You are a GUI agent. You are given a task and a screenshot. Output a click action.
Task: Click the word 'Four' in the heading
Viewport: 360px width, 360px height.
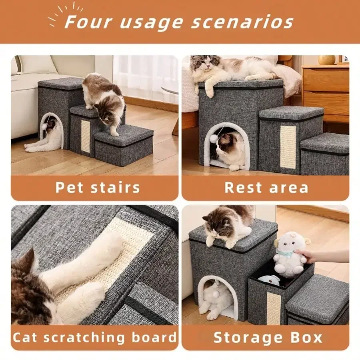(x=88, y=22)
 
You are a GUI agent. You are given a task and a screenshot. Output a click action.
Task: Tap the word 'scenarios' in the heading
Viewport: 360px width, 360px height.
(x=242, y=22)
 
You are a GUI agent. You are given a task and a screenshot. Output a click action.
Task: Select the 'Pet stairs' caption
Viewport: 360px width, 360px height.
(x=98, y=188)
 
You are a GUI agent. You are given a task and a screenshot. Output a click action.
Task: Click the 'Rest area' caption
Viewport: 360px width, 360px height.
(x=266, y=188)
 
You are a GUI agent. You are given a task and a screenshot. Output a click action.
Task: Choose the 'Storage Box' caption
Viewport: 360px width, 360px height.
(x=268, y=338)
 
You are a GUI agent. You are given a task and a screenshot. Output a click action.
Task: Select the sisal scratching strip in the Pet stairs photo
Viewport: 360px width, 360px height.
(x=86, y=136)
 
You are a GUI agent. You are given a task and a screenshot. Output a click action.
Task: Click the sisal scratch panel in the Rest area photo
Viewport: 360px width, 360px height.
(x=288, y=147)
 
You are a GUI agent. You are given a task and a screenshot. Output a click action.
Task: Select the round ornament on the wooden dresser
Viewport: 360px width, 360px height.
(x=326, y=60)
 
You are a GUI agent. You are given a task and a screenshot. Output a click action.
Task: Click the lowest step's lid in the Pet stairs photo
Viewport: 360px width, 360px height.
(x=124, y=136)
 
